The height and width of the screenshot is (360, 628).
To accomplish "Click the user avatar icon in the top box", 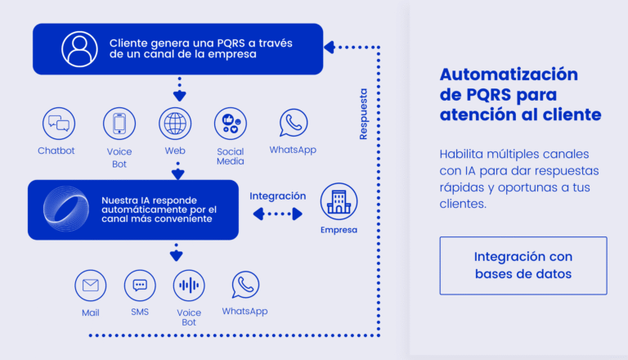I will (78, 49).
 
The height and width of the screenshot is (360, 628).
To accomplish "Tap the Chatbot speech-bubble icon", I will (59, 124).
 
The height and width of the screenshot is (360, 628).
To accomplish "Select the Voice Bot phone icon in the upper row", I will (119, 124).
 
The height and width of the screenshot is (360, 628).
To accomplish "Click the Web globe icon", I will (175, 124).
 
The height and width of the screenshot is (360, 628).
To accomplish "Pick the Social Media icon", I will (231, 124).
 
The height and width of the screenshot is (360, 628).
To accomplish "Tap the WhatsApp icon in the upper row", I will (293, 124).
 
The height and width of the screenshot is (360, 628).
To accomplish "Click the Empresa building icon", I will (339, 200).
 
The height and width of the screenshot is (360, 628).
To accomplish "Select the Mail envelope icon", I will (91, 286).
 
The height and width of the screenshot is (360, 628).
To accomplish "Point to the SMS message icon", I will (140, 286).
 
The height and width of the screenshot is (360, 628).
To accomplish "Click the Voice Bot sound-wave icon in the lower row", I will (189, 286).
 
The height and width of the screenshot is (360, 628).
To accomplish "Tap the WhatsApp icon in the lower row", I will (244, 285).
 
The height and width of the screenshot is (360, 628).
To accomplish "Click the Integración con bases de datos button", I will (523, 265).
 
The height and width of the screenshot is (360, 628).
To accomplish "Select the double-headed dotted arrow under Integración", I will (277, 214).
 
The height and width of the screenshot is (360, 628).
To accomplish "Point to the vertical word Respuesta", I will (363, 114).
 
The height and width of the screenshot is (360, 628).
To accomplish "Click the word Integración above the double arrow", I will (277, 196).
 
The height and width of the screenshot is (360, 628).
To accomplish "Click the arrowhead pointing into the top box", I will (330, 47).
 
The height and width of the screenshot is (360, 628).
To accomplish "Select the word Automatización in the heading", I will (508, 74).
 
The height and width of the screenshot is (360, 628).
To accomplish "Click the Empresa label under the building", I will (339, 230).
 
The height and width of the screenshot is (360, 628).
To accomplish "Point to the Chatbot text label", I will (56, 151).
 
